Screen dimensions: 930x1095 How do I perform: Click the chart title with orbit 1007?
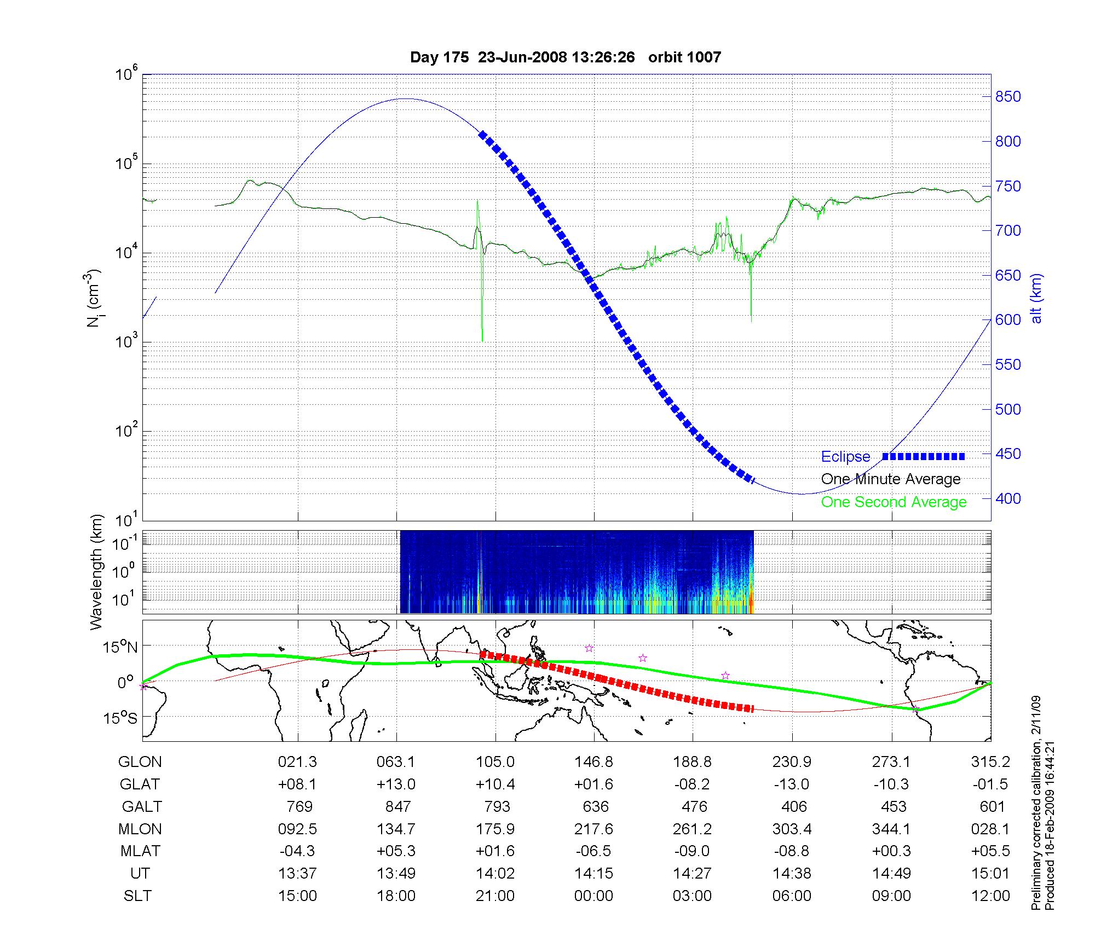pos(565,57)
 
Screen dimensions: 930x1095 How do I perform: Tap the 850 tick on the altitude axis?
pos(1008,97)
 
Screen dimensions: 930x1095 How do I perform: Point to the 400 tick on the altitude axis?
pos(1008,498)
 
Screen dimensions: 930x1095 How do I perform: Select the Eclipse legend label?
pos(845,457)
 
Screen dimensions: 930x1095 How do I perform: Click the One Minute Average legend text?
pos(891,479)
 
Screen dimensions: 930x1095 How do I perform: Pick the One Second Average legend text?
pos(894,502)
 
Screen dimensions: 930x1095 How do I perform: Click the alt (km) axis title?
pos(1036,298)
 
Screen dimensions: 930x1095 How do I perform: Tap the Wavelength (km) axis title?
pos(97,572)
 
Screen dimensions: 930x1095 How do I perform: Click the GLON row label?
pos(140,762)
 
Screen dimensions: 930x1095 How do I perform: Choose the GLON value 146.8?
pos(593,762)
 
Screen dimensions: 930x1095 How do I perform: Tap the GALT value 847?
pos(397,806)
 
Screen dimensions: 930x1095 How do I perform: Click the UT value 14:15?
pos(593,873)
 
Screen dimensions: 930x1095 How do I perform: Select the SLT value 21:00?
pos(495,896)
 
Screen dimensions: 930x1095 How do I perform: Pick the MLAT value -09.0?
pos(693,851)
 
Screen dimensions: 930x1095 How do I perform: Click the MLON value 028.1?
pos(990,829)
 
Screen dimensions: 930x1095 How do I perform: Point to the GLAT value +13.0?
pos(396,784)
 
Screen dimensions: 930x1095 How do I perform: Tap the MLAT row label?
pos(140,851)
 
